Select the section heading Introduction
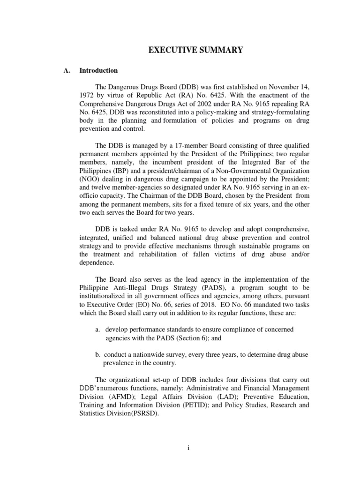(x=98, y=71)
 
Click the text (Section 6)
(x=202, y=338)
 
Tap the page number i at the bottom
(x=187, y=448)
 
